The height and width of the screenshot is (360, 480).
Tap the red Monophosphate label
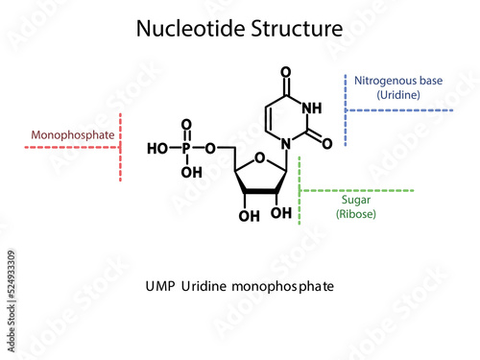pos(73,135)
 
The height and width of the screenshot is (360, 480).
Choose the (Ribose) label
pos(356,214)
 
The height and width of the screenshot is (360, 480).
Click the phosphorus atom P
pos(186,149)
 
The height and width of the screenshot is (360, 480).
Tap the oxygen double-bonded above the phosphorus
pos(186,125)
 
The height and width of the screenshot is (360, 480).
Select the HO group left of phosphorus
pos(157,149)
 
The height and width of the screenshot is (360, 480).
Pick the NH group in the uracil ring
pos(313,108)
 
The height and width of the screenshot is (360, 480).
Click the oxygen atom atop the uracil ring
pos(286,71)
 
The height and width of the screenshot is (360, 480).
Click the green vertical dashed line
pos(300,192)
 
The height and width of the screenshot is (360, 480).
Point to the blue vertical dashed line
pos(345,107)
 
